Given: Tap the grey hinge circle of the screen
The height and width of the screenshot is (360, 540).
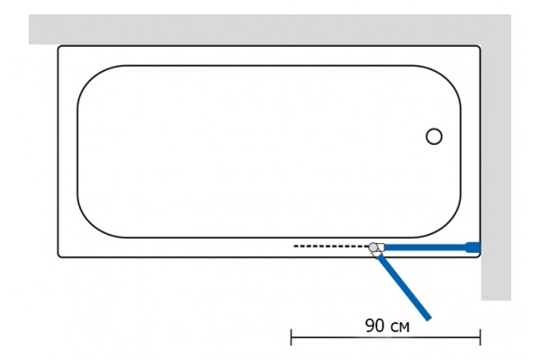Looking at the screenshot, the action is [x=373, y=247].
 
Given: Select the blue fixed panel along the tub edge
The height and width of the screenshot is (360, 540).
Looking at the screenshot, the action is [x=426, y=247].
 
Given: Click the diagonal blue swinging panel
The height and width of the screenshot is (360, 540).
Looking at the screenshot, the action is [x=404, y=287].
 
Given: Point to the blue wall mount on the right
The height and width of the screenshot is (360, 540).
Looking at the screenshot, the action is [x=473, y=247].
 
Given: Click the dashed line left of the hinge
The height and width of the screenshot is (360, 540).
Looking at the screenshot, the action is [x=331, y=246].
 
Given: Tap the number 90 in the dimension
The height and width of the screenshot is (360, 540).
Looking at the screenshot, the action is [x=375, y=326].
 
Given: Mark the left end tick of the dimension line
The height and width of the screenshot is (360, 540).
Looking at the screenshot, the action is [x=292, y=337].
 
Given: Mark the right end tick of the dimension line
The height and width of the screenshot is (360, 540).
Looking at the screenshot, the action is [x=480, y=337].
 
